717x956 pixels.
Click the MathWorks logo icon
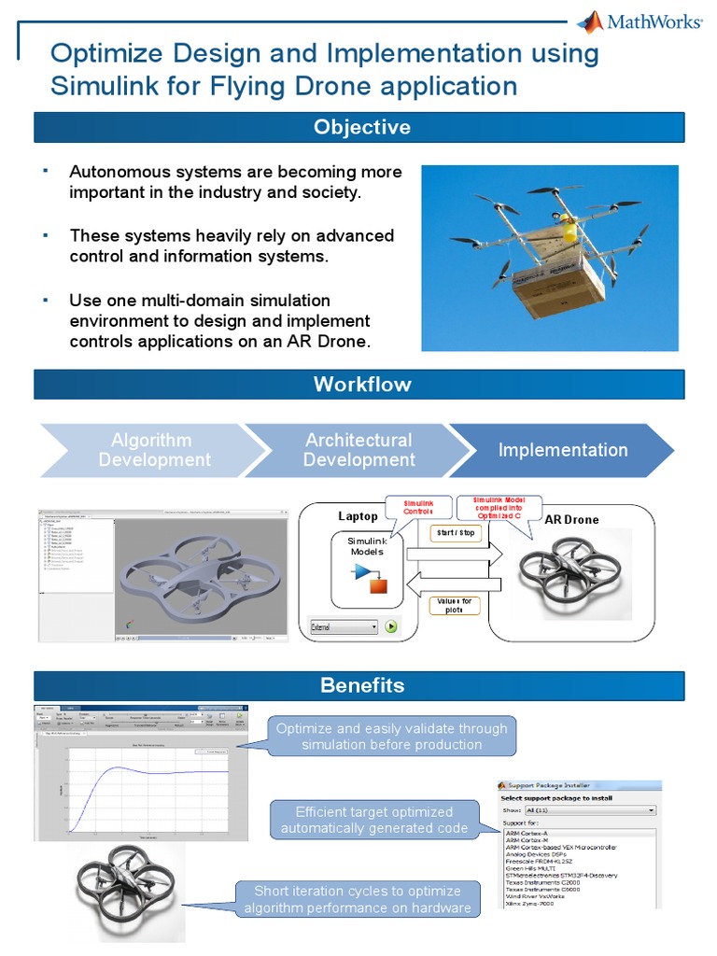tap(590, 23)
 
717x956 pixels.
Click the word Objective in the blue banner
tap(361, 128)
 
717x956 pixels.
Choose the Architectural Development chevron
tap(358, 450)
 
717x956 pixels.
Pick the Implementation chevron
tap(562, 450)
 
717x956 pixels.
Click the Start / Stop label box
tap(457, 534)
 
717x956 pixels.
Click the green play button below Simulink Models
tap(391, 627)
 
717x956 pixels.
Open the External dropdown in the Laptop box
tap(344, 627)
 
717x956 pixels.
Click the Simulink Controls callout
tap(418, 507)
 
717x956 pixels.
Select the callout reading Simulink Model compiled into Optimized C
tap(499, 508)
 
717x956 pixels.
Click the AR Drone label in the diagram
tap(571, 519)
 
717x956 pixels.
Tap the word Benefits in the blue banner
tap(361, 685)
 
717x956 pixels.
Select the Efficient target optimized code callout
tap(373, 820)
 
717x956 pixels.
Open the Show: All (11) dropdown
tap(590, 811)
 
